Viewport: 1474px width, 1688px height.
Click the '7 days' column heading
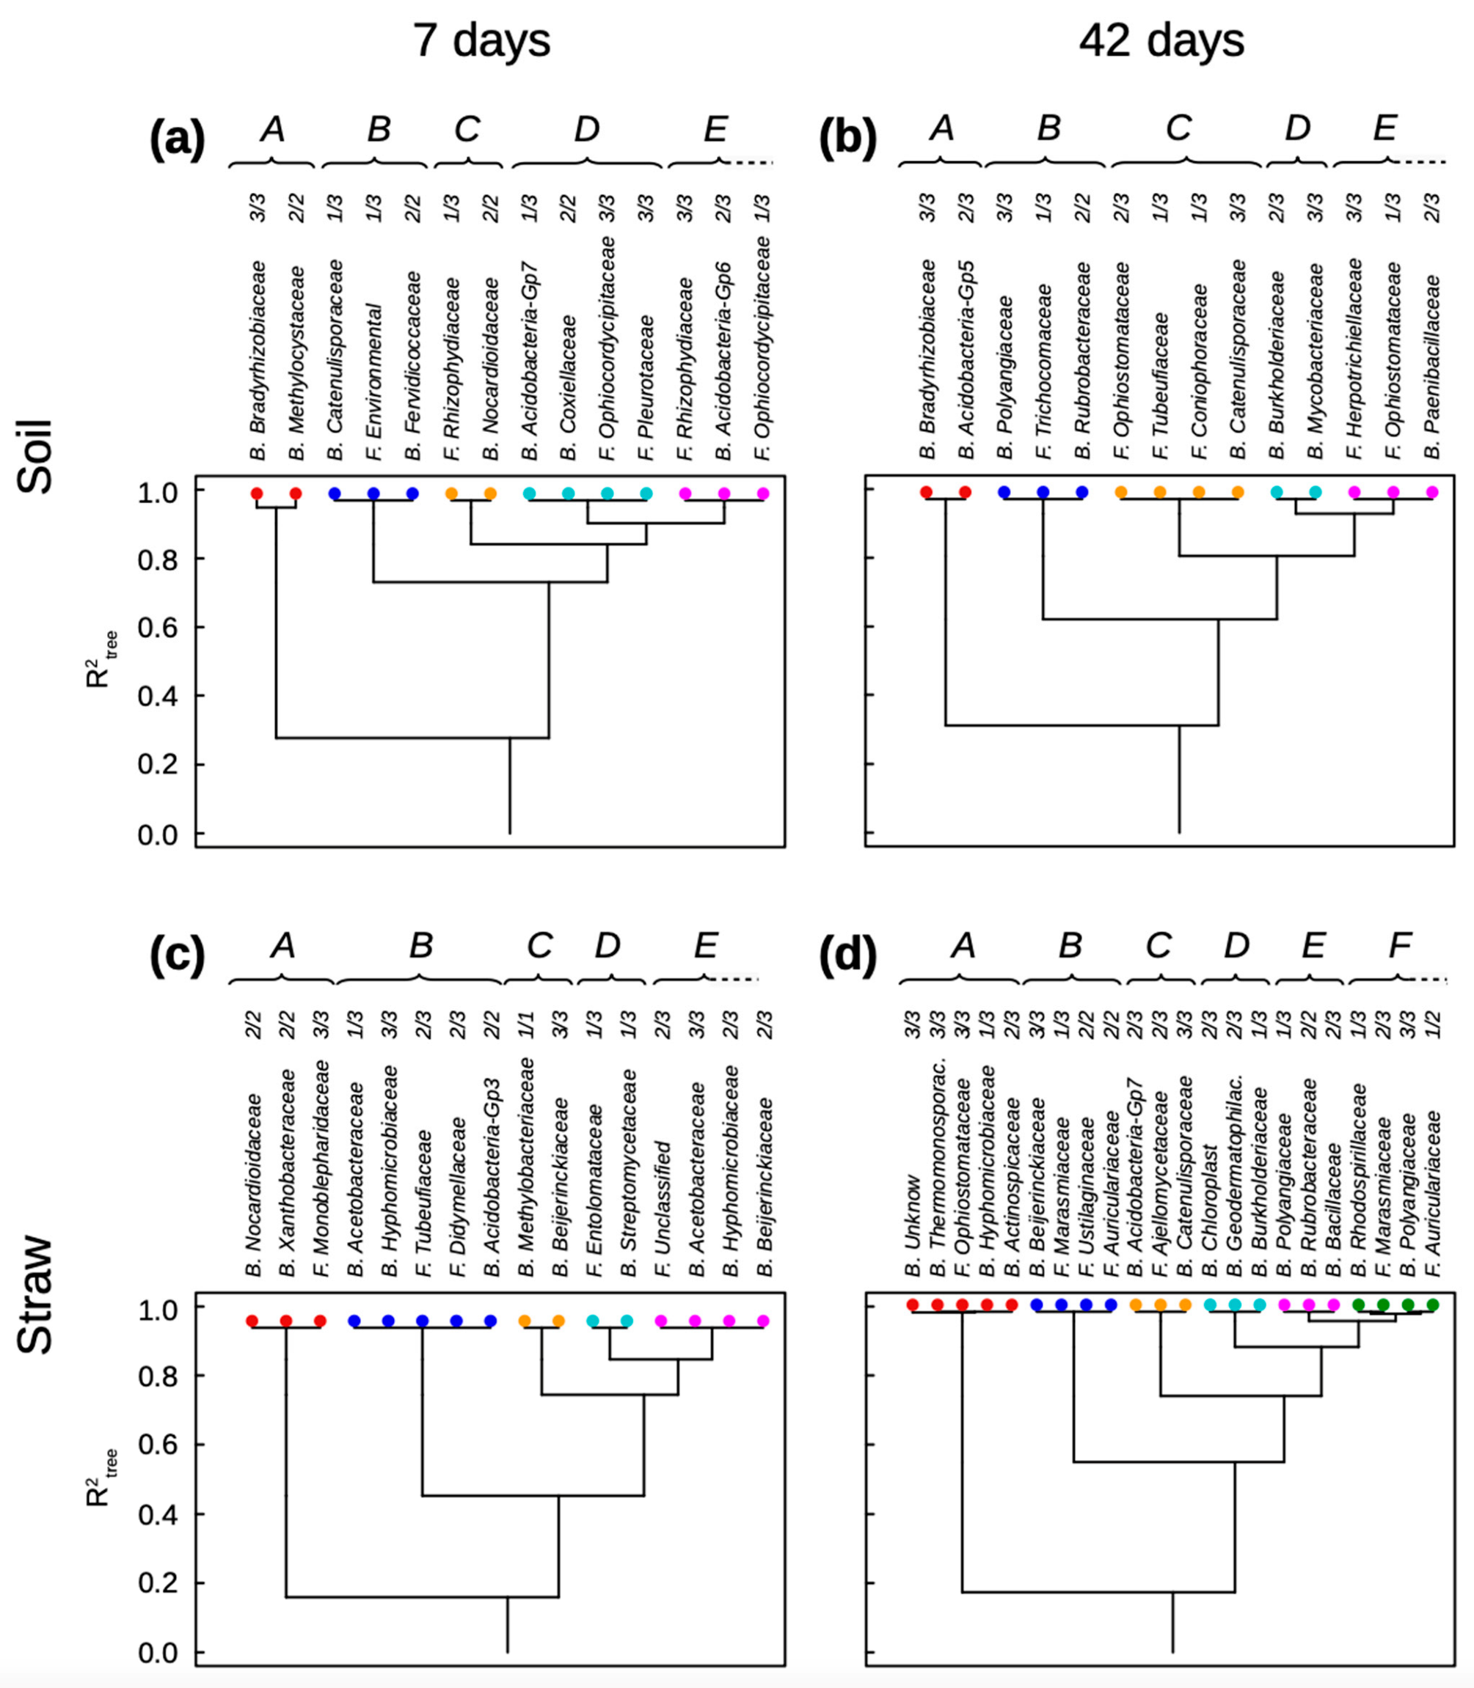click(481, 40)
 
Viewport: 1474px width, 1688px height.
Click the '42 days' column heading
click(1161, 40)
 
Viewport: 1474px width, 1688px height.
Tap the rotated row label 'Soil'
click(35, 456)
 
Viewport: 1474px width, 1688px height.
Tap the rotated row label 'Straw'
click(35, 1294)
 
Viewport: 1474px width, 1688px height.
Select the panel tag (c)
click(177, 956)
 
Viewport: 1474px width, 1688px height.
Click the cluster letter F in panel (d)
click(1399, 945)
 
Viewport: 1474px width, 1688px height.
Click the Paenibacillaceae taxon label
click(1432, 366)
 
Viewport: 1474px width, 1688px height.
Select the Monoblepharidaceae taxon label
click(321, 1168)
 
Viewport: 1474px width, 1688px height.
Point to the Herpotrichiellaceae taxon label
click(1354, 358)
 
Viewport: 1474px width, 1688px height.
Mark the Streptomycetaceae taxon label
click(629, 1173)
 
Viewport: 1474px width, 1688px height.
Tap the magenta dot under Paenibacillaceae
click(1432, 493)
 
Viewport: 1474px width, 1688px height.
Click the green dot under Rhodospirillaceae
click(1359, 1304)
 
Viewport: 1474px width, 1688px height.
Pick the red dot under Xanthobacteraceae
click(286, 1321)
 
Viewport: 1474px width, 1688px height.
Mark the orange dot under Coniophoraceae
click(1198, 493)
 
